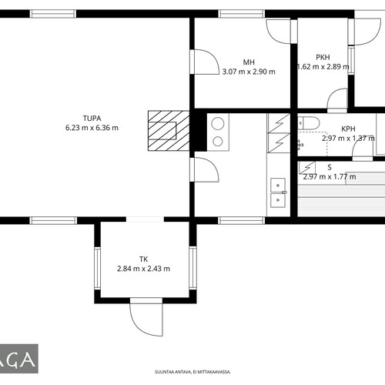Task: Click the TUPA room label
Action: pyautogui.click(x=92, y=119)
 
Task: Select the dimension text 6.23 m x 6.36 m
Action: pyautogui.click(x=92, y=128)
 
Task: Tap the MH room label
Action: pyautogui.click(x=249, y=62)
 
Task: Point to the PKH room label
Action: pyautogui.click(x=323, y=57)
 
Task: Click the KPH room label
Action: pyautogui.click(x=348, y=129)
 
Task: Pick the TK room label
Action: pyautogui.click(x=143, y=259)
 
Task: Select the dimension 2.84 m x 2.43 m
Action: pyautogui.click(x=143, y=269)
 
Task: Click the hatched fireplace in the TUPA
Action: pyautogui.click(x=169, y=131)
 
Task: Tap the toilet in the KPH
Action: pyautogui.click(x=309, y=122)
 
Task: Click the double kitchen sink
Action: pyautogui.click(x=278, y=192)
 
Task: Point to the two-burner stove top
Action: pyautogui.click(x=218, y=132)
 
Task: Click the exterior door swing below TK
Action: pyautogui.click(x=146, y=317)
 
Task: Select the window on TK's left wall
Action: pyautogui.click(x=97, y=268)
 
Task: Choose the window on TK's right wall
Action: pyautogui.click(x=192, y=268)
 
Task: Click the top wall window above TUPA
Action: pyautogui.click(x=53, y=14)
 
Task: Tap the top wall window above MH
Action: pyautogui.click(x=241, y=14)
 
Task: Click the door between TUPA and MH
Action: pyautogui.click(x=205, y=62)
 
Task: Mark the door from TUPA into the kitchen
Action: pyautogui.click(x=205, y=169)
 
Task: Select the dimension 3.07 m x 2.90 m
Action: pyautogui.click(x=249, y=72)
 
